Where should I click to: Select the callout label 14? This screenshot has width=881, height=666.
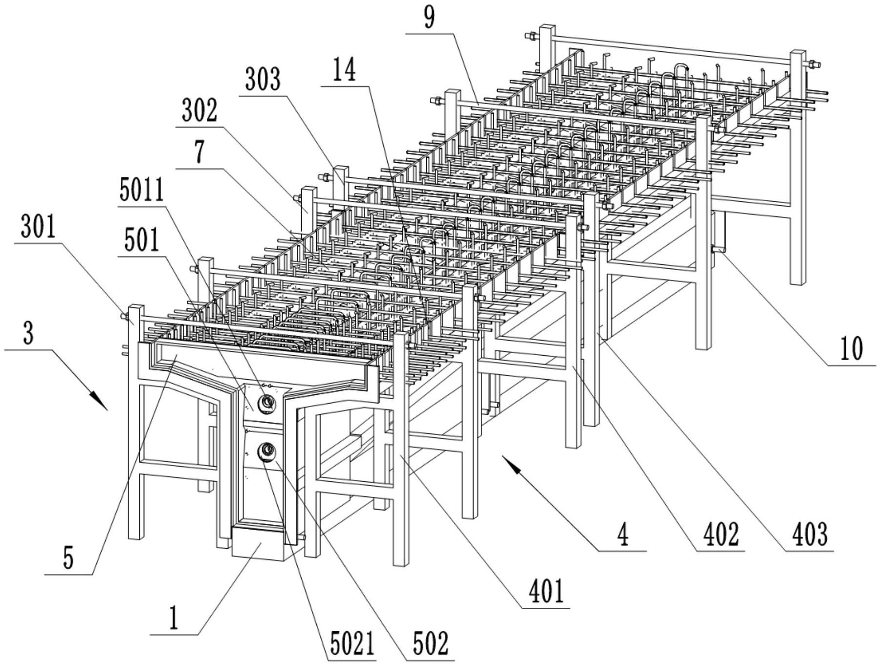click(344, 71)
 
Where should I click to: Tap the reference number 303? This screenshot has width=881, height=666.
click(263, 80)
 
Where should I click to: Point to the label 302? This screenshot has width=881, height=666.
click(199, 111)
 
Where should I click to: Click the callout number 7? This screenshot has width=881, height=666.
click(199, 153)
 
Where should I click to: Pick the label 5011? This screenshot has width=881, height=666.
click(142, 191)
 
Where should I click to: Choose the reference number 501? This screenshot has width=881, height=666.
click(141, 241)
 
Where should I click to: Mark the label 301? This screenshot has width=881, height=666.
click(38, 228)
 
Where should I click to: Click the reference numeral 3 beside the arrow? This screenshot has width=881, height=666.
click(28, 335)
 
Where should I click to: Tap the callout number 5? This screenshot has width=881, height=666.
click(68, 559)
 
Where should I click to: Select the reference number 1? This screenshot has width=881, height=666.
click(173, 619)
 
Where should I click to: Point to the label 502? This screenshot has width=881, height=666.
click(430, 644)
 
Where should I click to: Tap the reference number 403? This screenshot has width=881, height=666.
click(810, 535)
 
